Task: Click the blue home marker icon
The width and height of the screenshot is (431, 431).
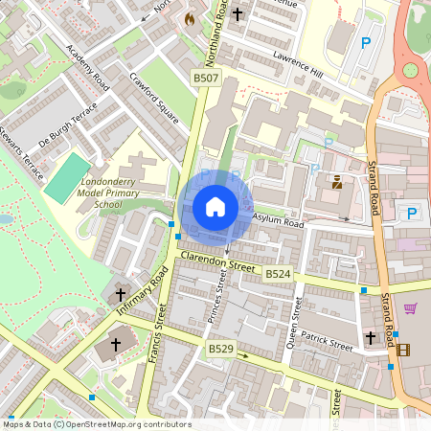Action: [215, 206]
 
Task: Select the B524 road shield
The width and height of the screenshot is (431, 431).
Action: [278, 275]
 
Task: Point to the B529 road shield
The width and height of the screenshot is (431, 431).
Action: [222, 352]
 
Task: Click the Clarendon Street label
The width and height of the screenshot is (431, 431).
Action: [218, 263]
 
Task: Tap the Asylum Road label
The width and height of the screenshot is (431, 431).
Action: [278, 221]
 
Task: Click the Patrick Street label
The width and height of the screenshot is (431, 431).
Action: [326, 341]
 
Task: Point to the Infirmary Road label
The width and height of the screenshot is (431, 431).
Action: [143, 292]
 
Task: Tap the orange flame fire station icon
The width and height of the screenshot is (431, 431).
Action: [190, 18]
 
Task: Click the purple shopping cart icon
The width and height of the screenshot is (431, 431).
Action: [411, 308]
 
